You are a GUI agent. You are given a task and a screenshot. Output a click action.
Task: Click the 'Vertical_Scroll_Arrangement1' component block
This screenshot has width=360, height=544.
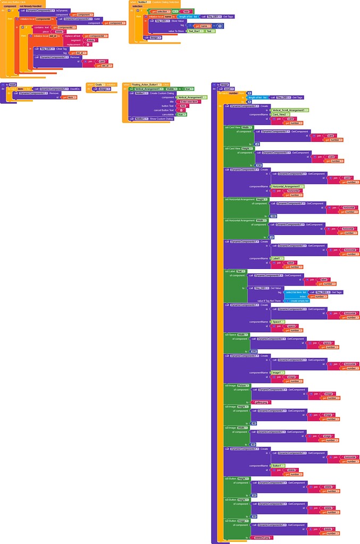point(290,110)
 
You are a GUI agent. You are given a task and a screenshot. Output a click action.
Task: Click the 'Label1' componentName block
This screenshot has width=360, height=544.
point(277,258)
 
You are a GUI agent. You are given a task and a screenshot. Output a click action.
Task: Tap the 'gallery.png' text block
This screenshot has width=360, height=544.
point(262,402)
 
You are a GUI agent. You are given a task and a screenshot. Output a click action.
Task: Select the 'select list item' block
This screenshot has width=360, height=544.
point(294,292)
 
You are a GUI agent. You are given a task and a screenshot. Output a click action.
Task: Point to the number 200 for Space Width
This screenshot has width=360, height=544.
point(254,351)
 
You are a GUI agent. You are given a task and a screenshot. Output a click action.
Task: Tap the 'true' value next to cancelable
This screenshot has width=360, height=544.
point(181,114)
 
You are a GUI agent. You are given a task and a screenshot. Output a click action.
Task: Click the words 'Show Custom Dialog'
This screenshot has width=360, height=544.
point(161,119)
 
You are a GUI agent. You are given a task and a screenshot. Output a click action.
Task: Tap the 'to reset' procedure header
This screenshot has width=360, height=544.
point(10,85)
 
